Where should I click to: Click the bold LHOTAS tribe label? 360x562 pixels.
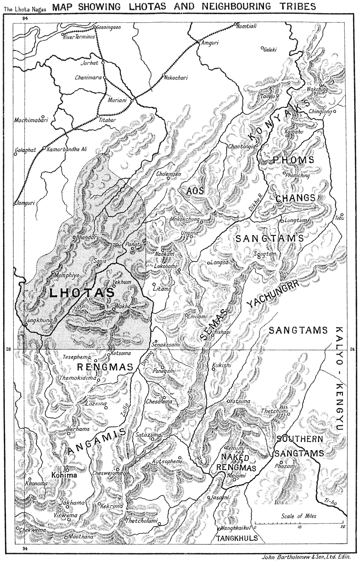point(82,293)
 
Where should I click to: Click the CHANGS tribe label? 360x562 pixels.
point(295,198)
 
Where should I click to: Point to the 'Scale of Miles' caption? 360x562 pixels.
point(299,516)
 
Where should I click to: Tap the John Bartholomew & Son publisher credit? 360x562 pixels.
point(307,557)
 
